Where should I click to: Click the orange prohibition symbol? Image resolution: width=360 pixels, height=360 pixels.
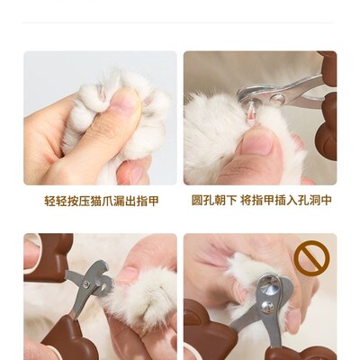311,259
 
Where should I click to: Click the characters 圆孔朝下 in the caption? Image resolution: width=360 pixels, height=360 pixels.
213,201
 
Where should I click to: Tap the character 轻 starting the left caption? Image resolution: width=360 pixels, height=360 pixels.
49,201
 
